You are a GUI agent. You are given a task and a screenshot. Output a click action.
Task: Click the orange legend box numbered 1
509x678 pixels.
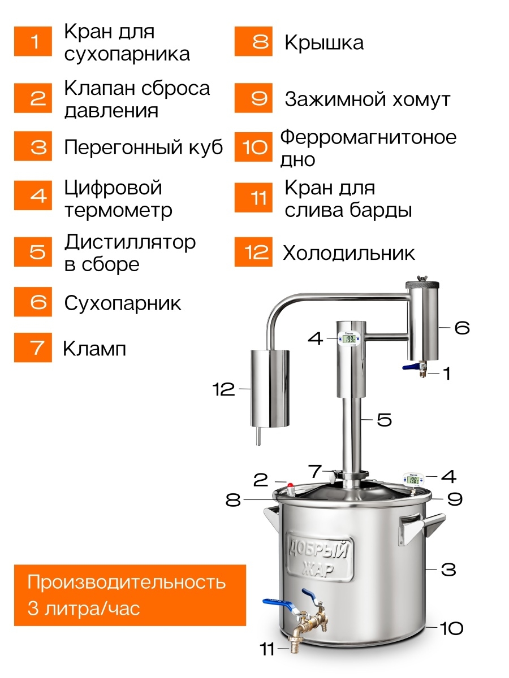click(x=33, y=41)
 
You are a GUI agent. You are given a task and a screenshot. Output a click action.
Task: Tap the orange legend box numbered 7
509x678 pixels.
click(x=33, y=347)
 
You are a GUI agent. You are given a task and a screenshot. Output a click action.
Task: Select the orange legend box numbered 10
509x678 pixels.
click(x=253, y=147)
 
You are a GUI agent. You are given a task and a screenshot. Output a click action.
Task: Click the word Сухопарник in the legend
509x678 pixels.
click(x=122, y=303)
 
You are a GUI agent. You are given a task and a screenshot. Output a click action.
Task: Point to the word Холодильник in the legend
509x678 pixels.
click(x=348, y=253)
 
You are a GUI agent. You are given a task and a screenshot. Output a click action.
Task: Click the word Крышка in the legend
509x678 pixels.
click(x=324, y=42)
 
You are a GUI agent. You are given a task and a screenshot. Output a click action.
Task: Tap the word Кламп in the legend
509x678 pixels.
click(x=94, y=349)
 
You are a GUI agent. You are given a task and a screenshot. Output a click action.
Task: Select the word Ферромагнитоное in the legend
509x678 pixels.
click(x=368, y=137)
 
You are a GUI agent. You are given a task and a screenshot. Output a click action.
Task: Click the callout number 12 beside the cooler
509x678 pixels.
click(x=223, y=389)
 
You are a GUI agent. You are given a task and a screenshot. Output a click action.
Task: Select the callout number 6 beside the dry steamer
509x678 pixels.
click(x=462, y=327)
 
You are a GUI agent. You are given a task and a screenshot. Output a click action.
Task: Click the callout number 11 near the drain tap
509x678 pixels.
click(x=268, y=649)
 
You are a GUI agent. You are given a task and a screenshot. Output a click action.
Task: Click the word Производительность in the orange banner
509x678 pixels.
click(x=126, y=582)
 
